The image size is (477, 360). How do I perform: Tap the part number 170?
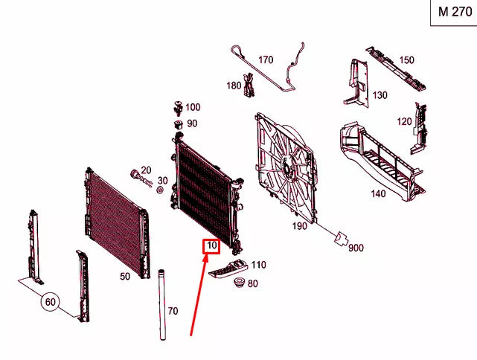[266, 60]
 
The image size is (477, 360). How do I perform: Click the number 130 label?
[380, 95]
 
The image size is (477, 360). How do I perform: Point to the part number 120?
[403, 121]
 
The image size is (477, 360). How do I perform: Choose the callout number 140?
[377, 193]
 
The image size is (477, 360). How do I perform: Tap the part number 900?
[356, 248]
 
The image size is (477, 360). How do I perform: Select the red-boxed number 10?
[211, 245]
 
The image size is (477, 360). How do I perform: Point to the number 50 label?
[124, 276]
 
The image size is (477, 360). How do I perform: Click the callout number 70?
[173, 311]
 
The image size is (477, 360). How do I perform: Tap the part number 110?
[258, 265]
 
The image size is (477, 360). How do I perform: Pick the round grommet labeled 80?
[239, 284]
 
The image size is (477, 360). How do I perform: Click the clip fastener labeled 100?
[177, 105]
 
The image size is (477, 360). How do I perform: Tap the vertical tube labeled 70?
[160, 305]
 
